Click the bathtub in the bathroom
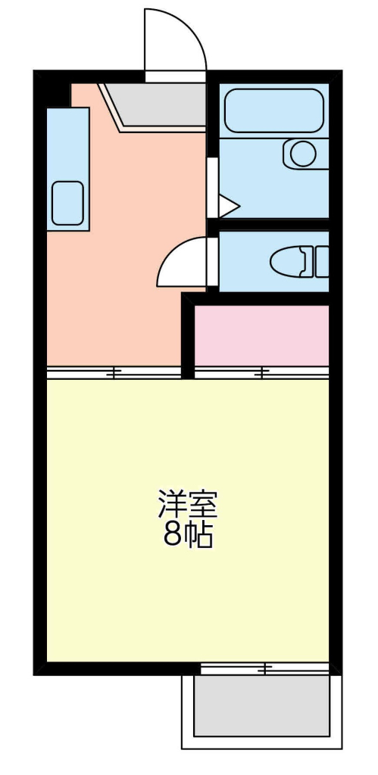[x=273, y=110]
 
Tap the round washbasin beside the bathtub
[x=303, y=154]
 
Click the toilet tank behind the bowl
[x=322, y=262]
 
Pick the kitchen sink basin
[x=67, y=203]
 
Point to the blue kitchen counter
[x=67, y=169]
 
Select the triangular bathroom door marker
[x=228, y=206]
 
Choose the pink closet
[x=262, y=335]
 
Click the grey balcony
[x=262, y=705]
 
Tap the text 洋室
[x=188, y=503]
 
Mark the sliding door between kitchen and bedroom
[x=114, y=372]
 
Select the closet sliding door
[x=262, y=372]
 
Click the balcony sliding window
[x=264, y=669]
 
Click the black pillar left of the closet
[x=188, y=336]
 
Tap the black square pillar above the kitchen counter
[x=58, y=95]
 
